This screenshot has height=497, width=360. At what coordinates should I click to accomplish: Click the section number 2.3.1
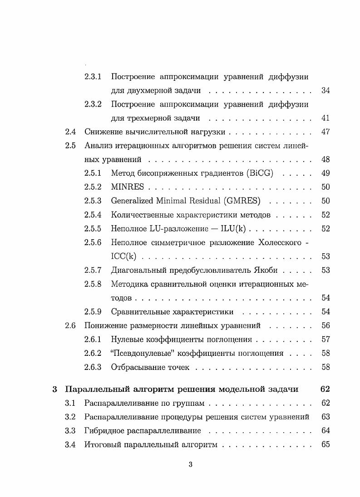(93, 76)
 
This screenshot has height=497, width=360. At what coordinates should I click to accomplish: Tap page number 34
(325, 90)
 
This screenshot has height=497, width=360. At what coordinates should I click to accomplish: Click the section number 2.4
(70, 132)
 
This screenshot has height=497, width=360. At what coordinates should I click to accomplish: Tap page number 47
(325, 132)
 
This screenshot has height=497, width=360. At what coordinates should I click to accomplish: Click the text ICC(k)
(123, 256)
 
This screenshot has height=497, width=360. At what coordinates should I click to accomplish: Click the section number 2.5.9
(93, 312)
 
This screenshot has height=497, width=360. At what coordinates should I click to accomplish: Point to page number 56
(325, 325)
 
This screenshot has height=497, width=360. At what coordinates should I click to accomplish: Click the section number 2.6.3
(93, 367)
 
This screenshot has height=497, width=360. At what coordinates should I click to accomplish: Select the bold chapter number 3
(54, 389)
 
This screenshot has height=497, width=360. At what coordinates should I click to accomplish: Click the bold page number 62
(325, 389)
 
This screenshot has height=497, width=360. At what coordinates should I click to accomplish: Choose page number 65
(325, 444)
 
